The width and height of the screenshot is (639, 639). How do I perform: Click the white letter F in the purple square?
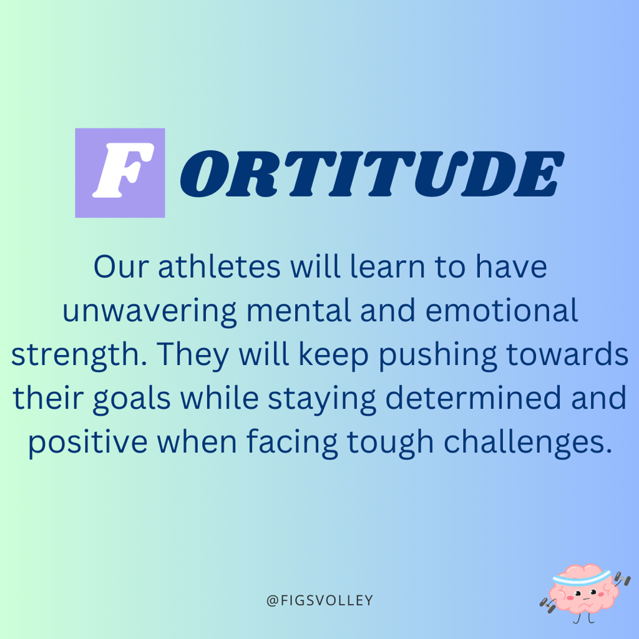[123, 170]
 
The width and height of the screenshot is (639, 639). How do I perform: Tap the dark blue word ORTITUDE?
[372, 173]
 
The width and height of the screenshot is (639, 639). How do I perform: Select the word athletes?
[219, 266]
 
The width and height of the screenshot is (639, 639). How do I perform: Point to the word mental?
[299, 310]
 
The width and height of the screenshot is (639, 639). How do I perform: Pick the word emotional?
[502, 310]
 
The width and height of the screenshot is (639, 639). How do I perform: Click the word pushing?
[438, 355]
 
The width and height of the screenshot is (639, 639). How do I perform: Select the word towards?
[567, 354]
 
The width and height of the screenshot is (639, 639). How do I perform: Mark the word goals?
[132, 399]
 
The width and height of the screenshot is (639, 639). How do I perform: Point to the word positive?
[87, 443]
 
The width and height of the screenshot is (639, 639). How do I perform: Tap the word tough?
[391, 443]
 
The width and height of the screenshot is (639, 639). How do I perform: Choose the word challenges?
[528, 443]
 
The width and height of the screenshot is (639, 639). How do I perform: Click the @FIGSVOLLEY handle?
[319, 600]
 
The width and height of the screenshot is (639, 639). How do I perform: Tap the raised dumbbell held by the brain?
[622, 578]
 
